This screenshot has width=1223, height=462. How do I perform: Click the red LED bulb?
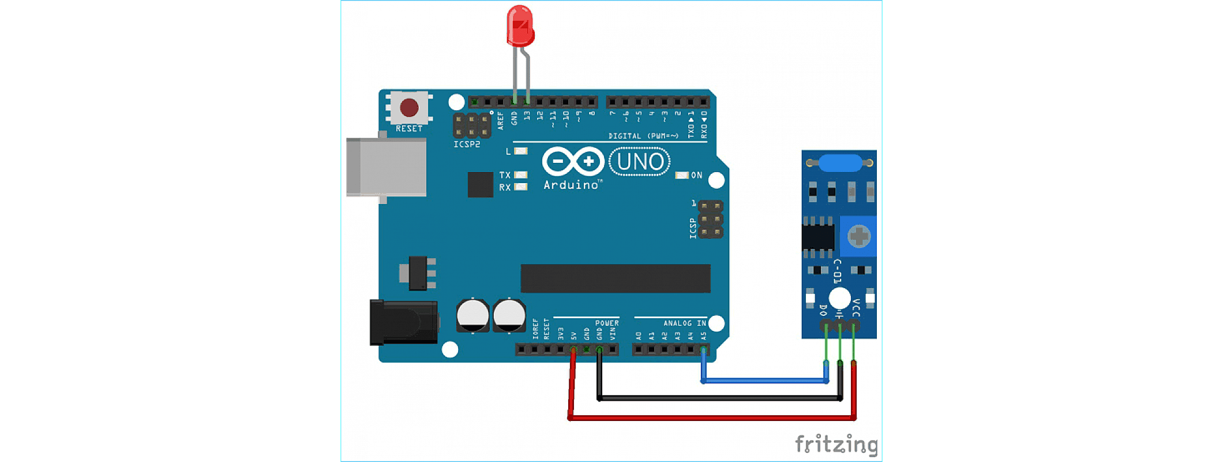[x=520, y=26]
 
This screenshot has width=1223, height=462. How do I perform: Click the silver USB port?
[x=386, y=167]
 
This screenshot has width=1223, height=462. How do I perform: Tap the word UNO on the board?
[x=640, y=162]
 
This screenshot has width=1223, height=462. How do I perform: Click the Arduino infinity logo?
[x=573, y=162]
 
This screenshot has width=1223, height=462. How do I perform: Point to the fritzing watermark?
[x=836, y=444]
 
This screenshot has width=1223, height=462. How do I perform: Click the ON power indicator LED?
[x=682, y=175]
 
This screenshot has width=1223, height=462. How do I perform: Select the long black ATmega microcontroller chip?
[x=615, y=278]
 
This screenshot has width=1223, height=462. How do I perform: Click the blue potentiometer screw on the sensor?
[x=859, y=236]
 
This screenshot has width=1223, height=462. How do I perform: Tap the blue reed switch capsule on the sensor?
[x=840, y=163]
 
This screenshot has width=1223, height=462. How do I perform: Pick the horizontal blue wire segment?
[x=765, y=381]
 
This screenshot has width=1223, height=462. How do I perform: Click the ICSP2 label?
[x=467, y=144]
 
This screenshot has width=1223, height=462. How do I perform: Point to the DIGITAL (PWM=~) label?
[x=643, y=136]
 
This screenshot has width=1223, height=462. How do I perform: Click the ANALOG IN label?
[x=684, y=323]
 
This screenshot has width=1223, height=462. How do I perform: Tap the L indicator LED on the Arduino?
[x=521, y=151]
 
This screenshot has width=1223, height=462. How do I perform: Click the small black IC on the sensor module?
[x=818, y=237]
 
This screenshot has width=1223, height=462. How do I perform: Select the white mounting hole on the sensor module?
[x=840, y=298]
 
